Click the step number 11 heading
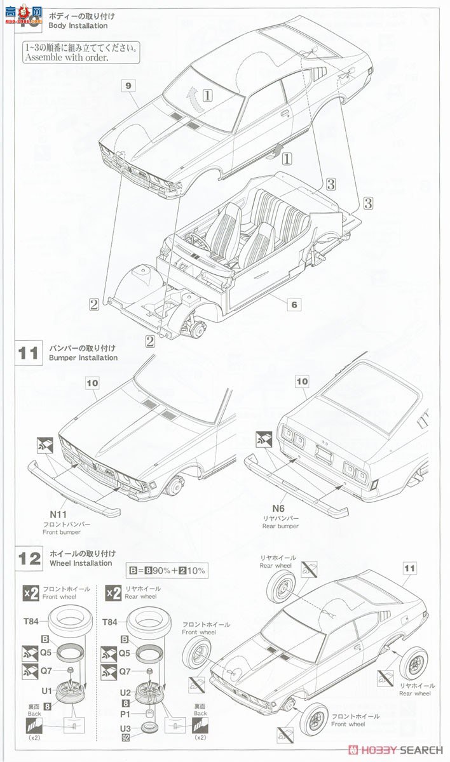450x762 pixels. pyautogui.click(x=29, y=353)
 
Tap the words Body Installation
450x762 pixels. pyautogui.click(x=78, y=26)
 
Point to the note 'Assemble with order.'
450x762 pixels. pyautogui.click(x=66, y=57)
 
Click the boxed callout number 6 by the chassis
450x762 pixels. pyautogui.click(x=294, y=305)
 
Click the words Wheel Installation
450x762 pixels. pyautogui.click(x=80, y=563)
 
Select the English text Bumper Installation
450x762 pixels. pyautogui.click(x=83, y=358)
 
